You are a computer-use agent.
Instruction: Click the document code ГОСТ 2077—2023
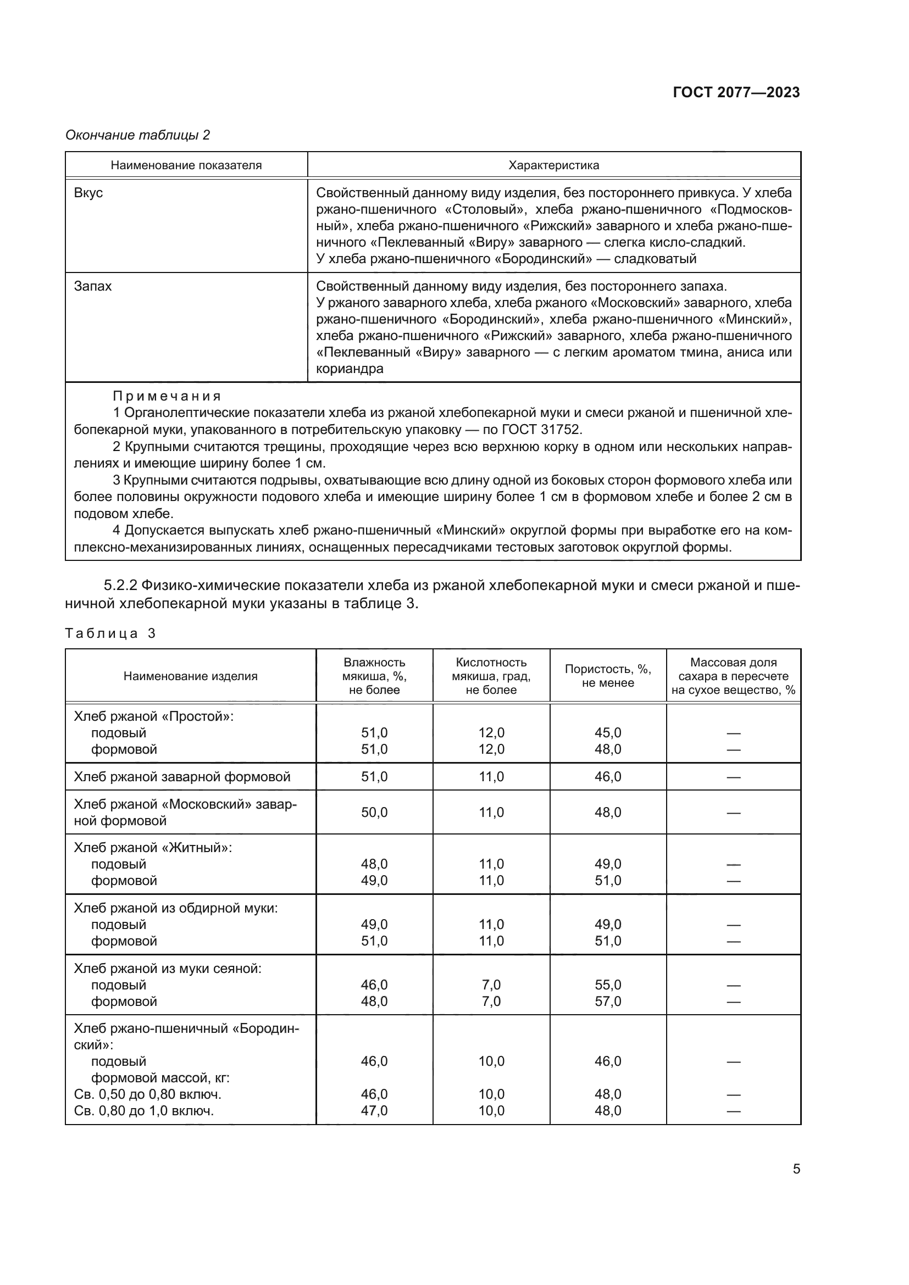point(736,92)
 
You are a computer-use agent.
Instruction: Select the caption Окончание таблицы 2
point(138,135)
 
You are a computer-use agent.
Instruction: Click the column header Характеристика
point(553,165)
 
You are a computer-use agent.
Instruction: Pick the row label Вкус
point(88,192)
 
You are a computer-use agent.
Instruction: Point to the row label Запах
point(93,286)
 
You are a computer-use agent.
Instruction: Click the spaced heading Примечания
point(167,396)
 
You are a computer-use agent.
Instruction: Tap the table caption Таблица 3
point(110,633)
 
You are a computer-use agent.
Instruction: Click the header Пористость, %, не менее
point(607,676)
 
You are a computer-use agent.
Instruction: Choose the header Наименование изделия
point(190,676)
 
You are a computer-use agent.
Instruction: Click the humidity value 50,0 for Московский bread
point(374,812)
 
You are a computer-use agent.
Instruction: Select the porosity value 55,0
point(607,985)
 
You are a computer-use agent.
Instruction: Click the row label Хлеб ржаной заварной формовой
point(182,777)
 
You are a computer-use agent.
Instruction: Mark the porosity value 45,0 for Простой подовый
point(607,733)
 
